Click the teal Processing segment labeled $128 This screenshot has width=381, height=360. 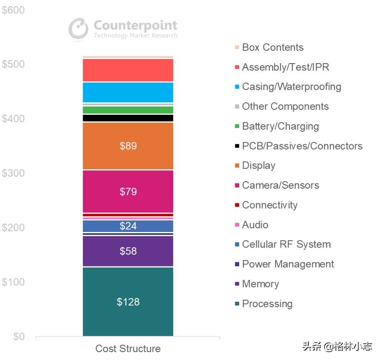128,302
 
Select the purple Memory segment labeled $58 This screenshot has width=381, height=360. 128,251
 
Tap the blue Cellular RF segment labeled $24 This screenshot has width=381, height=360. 128,226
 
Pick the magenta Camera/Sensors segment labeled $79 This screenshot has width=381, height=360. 128,192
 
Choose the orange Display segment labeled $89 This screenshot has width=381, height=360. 128,146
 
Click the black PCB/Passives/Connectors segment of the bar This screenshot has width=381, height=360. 128,118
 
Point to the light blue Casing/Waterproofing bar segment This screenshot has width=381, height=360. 128,92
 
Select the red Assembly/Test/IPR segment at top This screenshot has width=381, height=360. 128,70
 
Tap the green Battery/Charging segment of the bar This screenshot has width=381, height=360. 128,110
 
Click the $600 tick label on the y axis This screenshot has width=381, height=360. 13,10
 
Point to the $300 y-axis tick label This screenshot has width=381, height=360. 13,173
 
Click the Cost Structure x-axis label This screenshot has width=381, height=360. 128,348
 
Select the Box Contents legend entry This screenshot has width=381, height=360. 272,47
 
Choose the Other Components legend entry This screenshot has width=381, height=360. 285,106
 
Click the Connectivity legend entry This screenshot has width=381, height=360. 269,205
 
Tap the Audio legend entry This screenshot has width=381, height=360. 255,225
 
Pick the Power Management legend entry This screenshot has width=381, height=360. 288,264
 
